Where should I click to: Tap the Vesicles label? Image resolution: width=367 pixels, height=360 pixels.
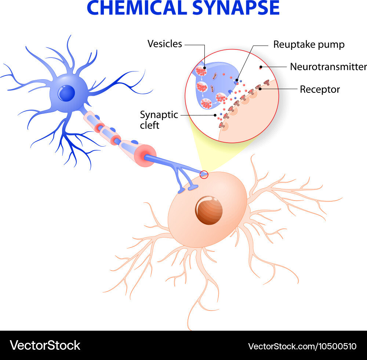pyautogui.click(x=164, y=44)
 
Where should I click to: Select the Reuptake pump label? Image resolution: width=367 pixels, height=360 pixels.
pyautogui.click(x=309, y=45)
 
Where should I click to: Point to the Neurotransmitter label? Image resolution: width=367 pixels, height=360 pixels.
pyautogui.click(x=328, y=67)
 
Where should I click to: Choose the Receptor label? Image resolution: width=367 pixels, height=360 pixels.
pyautogui.click(x=320, y=89)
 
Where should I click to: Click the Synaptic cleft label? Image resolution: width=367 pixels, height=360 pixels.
pyautogui.click(x=159, y=120)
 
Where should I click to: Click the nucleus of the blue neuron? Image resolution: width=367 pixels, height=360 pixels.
pyautogui.click(x=66, y=93)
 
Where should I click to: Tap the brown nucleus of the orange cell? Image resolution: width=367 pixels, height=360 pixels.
pyautogui.click(x=208, y=210)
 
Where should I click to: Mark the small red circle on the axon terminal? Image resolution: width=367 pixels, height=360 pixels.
pyautogui.click(x=204, y=175)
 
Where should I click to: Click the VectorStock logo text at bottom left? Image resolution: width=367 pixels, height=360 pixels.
pyautogui.click(x=45, y=345)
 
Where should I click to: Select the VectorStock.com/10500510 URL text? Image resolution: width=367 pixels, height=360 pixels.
pyautogui.click(x=302, y=346)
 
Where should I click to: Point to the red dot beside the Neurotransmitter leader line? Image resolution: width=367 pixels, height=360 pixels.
pyautogui.click(x=260, y=67)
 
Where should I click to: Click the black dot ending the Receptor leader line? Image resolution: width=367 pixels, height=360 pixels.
pyautogui.click(x=260, y=89)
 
